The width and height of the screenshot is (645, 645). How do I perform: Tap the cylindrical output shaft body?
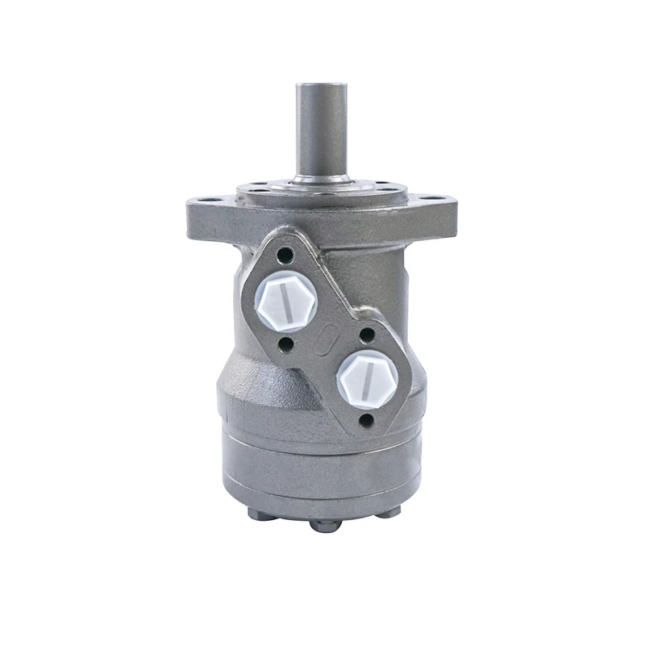(x=321, y=129)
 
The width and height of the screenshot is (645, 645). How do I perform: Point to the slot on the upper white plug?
(x=286, y=300)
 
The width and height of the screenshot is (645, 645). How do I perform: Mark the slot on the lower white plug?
(x=367, y=377)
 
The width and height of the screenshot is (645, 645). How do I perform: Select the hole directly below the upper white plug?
(x=287, y=344)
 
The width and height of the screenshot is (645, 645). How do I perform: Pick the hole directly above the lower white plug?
(x=367, y=333)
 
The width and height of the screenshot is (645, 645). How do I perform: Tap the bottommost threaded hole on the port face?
(x=368, y=420)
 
